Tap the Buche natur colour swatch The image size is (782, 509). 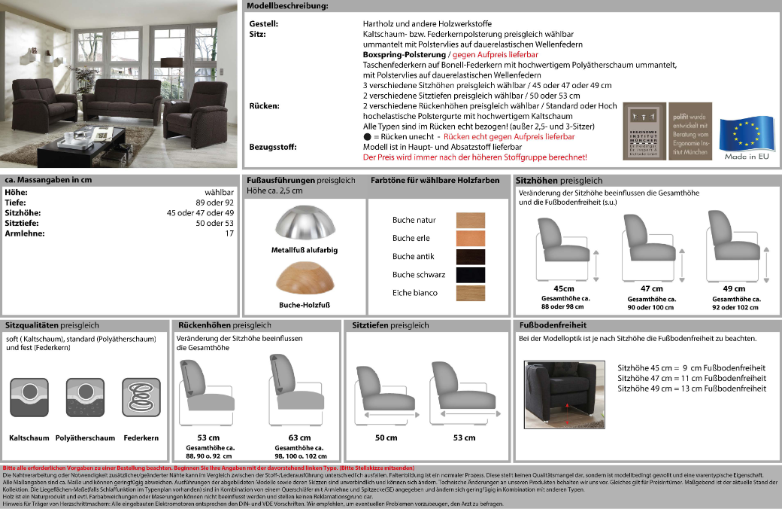tap(471, 221)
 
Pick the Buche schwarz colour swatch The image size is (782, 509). tap(471, 275)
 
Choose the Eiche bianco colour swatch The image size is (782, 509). tap(471, 293)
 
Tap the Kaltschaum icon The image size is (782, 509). tap(29, 396)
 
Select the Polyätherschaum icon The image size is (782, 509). tap(85, 396)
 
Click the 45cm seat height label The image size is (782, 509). tap(564, 289)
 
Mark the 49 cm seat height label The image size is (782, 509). tap(734, 289)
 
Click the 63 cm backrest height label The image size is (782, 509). tap(299, 437)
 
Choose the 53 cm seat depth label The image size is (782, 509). tap(464, 437)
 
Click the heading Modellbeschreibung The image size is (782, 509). tap(287, 6)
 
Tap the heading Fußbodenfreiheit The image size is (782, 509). tap(553, 325)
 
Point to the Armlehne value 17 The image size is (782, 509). tap(229, 233)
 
